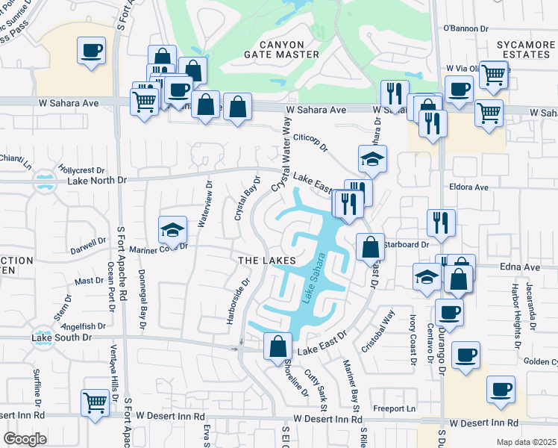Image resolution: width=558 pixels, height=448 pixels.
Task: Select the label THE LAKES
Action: point(262,260)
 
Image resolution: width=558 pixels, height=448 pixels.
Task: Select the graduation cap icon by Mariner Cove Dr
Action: point(172,229)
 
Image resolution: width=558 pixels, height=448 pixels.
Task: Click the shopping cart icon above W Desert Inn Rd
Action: point(95,404)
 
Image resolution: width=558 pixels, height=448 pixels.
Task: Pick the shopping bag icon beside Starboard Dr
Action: point(370,246)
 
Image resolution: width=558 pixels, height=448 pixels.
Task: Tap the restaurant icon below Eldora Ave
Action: point(441,222)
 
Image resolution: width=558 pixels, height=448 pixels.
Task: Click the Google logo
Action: point(25,438)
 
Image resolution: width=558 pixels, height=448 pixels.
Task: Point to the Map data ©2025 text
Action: point(526,442)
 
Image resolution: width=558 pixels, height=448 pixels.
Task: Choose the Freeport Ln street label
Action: point(395,408)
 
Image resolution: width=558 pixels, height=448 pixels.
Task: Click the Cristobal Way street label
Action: point(386,326)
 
